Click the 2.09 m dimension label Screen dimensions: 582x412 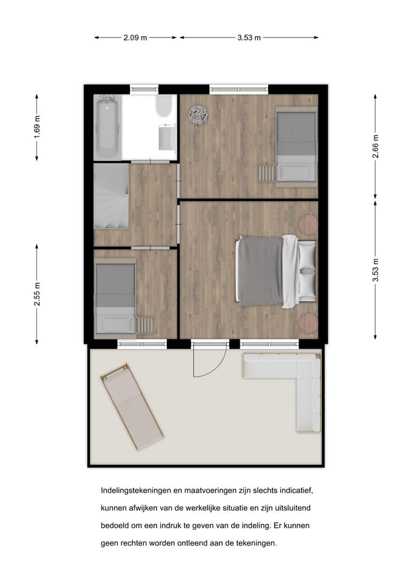135,38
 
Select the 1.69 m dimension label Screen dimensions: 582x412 37,127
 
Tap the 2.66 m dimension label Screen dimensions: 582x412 376,146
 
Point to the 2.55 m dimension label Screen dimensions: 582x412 37,293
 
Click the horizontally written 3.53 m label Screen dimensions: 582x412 249,38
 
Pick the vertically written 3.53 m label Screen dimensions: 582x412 376,270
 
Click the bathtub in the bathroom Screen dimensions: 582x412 107,127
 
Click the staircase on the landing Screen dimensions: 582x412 111,196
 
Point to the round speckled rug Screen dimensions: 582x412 198,115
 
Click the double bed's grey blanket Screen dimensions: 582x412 259,272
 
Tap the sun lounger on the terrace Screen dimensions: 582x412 132,407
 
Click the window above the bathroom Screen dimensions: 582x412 144,89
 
